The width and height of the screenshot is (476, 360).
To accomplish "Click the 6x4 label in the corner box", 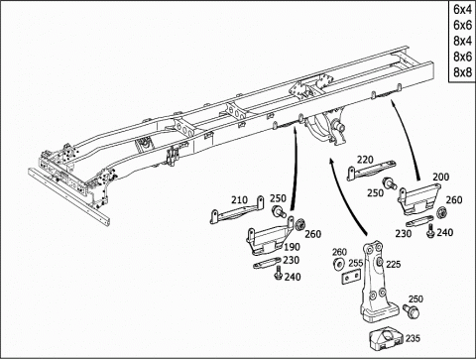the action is point(462,9).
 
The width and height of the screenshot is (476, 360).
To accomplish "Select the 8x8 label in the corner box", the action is point(462,72).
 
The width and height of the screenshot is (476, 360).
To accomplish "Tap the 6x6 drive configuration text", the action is point(462,25).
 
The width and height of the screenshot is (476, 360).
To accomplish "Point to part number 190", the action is point(292,247).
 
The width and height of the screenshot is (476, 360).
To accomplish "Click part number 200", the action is point(441,177).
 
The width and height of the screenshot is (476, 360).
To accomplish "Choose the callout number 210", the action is point(239,200).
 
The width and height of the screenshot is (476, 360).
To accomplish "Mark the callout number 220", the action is point(365,160).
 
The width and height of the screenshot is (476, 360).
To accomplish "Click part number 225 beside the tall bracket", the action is point(394,264).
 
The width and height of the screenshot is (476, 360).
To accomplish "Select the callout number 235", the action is point(413,338).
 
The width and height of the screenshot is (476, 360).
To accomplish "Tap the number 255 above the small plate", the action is point(356,264).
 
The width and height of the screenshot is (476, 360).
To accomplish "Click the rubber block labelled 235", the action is point(386,340).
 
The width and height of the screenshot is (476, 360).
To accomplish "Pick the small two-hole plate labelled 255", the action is point(351,277).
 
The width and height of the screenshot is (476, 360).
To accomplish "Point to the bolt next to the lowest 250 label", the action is point(411,311).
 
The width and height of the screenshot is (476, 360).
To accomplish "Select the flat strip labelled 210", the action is point(237,211).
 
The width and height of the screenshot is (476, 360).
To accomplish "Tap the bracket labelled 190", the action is point(271,236).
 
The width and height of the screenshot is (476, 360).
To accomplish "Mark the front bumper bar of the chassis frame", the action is point(68,196).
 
